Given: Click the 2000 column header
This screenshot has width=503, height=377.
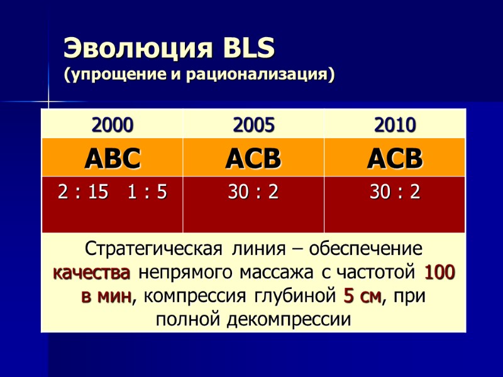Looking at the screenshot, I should [113, 126].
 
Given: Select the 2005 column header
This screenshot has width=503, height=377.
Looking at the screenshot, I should [253, 126].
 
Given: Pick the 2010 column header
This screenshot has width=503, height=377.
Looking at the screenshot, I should [395, 126].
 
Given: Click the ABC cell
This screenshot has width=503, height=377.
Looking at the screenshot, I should [113, 158].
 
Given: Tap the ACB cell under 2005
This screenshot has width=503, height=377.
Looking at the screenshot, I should [253, 158].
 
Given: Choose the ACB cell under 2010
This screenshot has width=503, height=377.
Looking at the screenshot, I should [395, 158].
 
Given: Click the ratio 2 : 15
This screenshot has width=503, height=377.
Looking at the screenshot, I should [83, 192].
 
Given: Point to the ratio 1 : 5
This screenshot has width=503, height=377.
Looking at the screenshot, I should [146, 192].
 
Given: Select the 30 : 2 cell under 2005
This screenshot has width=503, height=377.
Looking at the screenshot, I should [253, 192].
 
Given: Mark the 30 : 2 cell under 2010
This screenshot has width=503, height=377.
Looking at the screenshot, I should [395, 192].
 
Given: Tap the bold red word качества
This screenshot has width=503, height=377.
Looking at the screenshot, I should [91, 273].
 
